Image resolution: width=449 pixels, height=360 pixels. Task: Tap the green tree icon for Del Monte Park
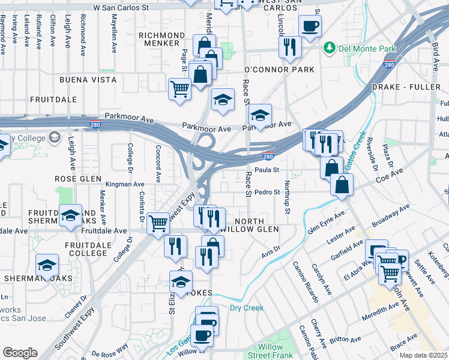click(328, 47)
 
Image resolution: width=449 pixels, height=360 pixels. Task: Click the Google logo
click(20, 353)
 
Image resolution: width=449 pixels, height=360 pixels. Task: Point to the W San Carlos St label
click(121, 8)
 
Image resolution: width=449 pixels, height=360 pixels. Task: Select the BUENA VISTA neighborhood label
click(88, 80)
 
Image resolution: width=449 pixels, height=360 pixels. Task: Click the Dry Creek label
click(247, 308)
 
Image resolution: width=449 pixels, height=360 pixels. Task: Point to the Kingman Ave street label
click(125, 184)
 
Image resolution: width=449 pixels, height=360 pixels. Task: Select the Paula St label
click(268, 170)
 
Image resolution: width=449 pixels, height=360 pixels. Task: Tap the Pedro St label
click(267, 193)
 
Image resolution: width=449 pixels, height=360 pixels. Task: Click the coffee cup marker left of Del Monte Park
click(310, 26)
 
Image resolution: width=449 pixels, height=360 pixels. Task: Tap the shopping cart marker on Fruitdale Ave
click(158, 223)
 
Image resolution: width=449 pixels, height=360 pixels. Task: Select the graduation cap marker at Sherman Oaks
click(47, 265)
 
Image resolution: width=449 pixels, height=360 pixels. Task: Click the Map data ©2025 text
click(423, 355)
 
